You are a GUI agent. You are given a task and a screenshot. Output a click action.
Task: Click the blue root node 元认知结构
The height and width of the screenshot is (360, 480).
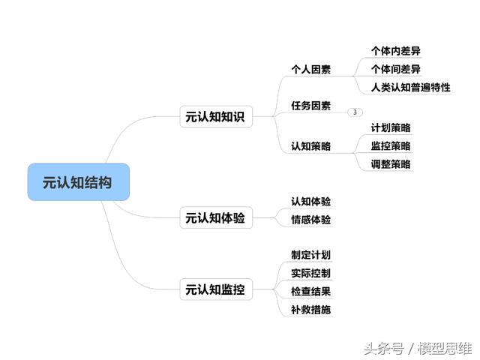click(x=79, y=182)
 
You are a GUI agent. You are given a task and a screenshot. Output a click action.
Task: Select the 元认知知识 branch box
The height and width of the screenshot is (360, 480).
click(x=216, y=117)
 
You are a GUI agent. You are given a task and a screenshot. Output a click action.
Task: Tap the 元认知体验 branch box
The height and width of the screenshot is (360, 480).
click(x=216, y=218)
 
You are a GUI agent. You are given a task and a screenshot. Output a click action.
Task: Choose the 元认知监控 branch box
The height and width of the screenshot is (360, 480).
click(x=216, y=289)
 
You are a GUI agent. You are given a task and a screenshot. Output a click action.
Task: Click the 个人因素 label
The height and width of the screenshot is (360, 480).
click(x=310, y=70)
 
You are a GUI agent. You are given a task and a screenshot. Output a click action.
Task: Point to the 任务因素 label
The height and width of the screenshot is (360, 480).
click(x=310, y=106)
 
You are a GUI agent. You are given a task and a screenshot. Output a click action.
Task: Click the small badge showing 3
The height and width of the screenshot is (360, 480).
click(x=355, y=112)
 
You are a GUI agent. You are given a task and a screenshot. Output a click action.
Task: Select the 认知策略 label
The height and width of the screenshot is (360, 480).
click(x=310, y=146)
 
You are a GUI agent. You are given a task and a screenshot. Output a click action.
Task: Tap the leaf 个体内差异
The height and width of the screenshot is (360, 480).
click(x=395, y=51)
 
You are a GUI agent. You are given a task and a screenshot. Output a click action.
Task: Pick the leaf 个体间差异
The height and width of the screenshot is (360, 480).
click(x=395, y=69)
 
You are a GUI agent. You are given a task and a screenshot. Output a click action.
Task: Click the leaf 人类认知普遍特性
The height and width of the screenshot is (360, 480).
click(x=410, y=88)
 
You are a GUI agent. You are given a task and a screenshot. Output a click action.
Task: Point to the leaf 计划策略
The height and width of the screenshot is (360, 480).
click(x=391, y=127)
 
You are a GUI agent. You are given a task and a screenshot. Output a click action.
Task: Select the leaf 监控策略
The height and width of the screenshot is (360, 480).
click(x=391, y=146)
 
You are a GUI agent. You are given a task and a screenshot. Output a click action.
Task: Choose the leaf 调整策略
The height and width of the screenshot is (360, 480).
click(x=391, y=164)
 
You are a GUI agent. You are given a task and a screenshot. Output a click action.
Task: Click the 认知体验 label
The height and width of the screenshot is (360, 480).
click(x=310, y=202)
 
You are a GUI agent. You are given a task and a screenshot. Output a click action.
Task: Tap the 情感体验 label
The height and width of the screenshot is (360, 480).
click(x=310, y=220)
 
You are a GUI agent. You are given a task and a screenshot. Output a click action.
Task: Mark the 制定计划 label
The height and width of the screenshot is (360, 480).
click(x=310, y=255)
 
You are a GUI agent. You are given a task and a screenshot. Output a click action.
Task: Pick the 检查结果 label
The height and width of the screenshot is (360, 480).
click(x=310, y=292)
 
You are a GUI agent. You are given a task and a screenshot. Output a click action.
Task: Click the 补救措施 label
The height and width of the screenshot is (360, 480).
click(x=310, y=310)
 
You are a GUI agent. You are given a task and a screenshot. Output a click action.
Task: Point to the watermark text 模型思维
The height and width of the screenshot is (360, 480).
click(x=445, y=348)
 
